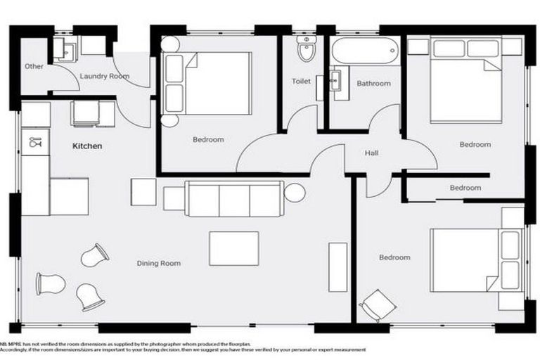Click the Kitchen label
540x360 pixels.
click(x=88, y=147)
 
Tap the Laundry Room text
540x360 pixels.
click(x=104, y=76)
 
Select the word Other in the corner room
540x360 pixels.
click(x=34, y=67)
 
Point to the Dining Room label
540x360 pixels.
click(x=158, y=264)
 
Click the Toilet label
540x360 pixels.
click(x=301, y=82)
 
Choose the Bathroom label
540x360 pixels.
click(x=373, y=84)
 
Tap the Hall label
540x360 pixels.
click(x=373, y=153)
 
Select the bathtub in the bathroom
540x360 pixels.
click(x=365, y=51)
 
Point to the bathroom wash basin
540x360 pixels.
click(x=335, y=79)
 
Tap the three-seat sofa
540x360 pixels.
click(x=233, y=198)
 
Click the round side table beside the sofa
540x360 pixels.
click(x=295, y=192)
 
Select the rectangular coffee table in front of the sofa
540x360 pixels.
click(x=233, y=248)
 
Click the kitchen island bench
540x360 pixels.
click(x=68, y=196)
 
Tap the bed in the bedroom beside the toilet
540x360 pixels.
click(x=207, y=83)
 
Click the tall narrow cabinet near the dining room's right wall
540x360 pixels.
click(x=337, y=266)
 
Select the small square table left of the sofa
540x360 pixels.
click(x=143, y=192)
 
